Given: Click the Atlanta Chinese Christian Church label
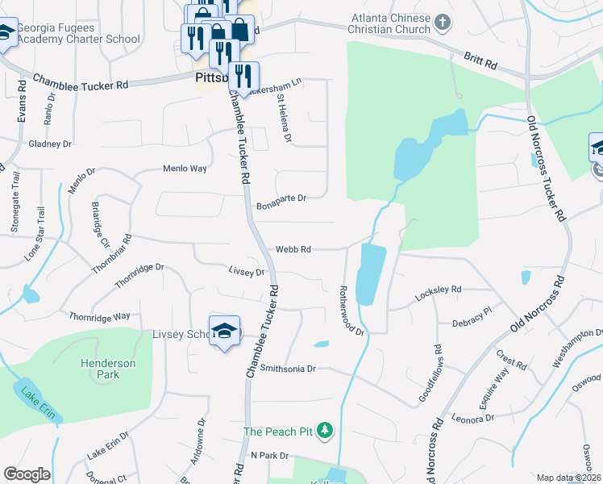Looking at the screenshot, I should [392, 24].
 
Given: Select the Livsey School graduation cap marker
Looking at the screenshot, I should [225, 331].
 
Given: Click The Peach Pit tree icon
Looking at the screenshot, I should [325, 431].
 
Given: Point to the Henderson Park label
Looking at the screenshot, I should [108, 369].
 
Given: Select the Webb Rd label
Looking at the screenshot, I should [293, 250].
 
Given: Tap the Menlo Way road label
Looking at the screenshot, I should [185, 169].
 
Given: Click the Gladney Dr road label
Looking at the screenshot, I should [50, 144].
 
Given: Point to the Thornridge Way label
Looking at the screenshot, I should [100, 317].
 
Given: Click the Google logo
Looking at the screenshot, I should [27, 474].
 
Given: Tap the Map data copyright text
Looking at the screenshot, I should [569, 478].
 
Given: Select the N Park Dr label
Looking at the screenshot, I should [269, 456].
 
